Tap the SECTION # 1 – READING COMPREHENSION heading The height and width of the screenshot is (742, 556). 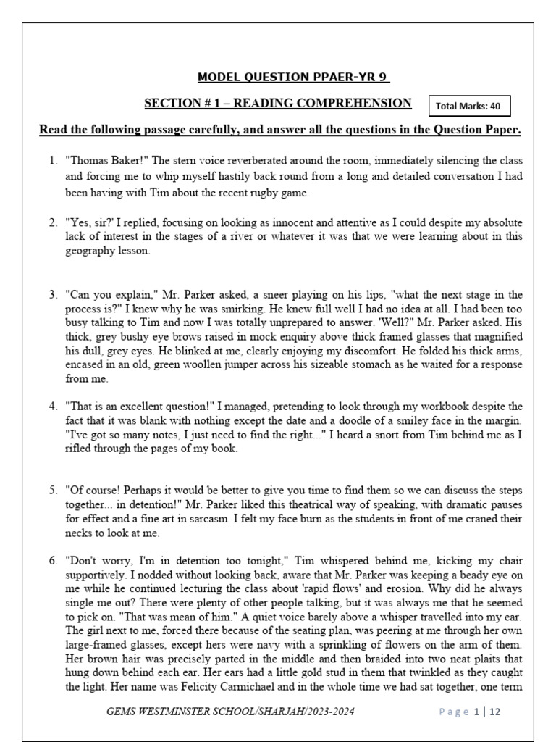tap(278, 104)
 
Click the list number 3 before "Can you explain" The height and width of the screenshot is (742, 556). tap(53, 295)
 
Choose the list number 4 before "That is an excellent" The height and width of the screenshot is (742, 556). tap(53, 406)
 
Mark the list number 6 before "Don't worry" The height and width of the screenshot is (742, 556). tap(53, 560)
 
